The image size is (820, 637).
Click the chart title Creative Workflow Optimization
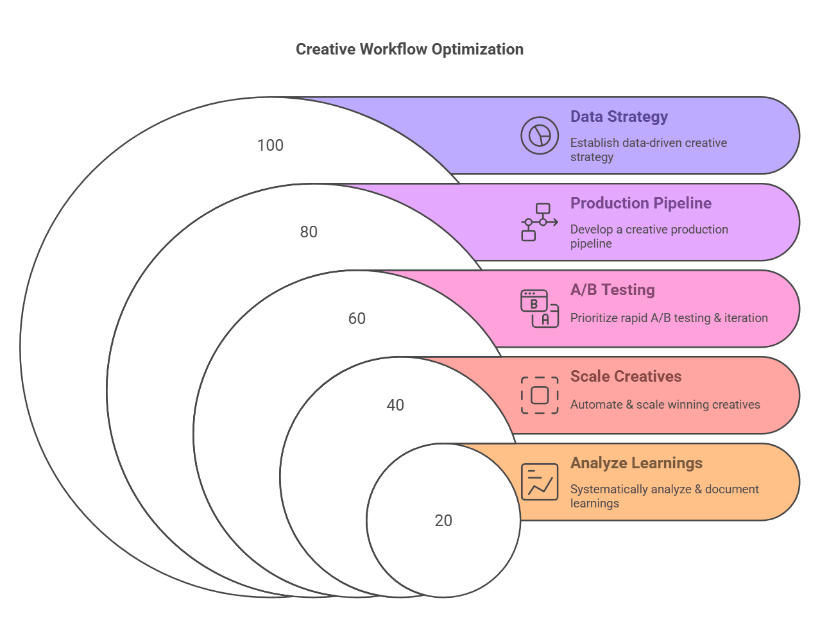pyautogui.click(x=409, y=49)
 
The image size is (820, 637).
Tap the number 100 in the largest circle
pyautogui.click(x=270, y=146)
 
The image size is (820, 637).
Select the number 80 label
pyautogui.click(x=309, y=232)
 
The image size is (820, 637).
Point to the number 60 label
pyautogui.click(x=357, y=319)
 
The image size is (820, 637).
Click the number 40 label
pyautogui.click(x=395, y=405)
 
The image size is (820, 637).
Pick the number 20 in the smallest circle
pyautogui.click(x=443, y=521)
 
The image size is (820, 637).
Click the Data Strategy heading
pyautogui.click(x=619, y=117)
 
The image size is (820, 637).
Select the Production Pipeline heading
pyautogui.click(x=640, y=203)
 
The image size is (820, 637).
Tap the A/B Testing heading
pyautogui.click(x=612, y=290)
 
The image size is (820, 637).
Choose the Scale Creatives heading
pyautogui.click(x=626, y=377)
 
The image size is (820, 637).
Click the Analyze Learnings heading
pyautogui.click(x=636, y=463)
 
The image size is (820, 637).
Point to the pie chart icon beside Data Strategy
pyautogui.click(x=540, y=135)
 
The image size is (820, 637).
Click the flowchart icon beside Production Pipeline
pyautogui.click(x=539, y=222)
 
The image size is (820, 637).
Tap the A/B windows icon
pyautogui.click(x=539, y=309)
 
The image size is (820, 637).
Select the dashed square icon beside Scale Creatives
pyautogui.click(x=540, y=395)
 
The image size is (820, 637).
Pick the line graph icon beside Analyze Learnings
pyautogui.click(x=540, y=482)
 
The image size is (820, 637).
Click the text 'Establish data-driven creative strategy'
pyautogui.click(x=648, y=149)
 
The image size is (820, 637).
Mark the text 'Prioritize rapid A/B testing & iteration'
pyautogui.click(x=669, y=318)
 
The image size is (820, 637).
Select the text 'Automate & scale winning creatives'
pyautogui.click(x=665, y=405)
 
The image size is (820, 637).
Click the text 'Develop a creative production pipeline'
pyautogui.click(x=649, y=236)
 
